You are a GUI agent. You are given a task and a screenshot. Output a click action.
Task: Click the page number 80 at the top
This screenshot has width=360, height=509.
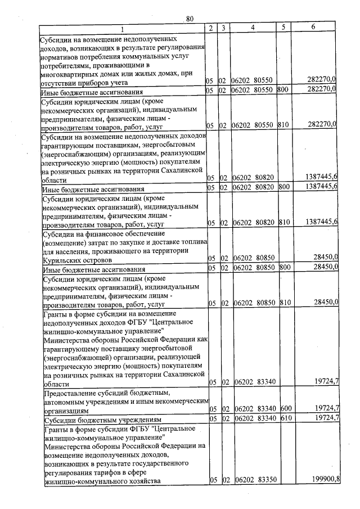190,19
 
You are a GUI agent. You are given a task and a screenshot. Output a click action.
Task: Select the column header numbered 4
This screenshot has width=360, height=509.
253,28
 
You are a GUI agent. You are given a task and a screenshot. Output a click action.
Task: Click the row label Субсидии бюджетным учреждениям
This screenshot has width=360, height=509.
103,420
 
